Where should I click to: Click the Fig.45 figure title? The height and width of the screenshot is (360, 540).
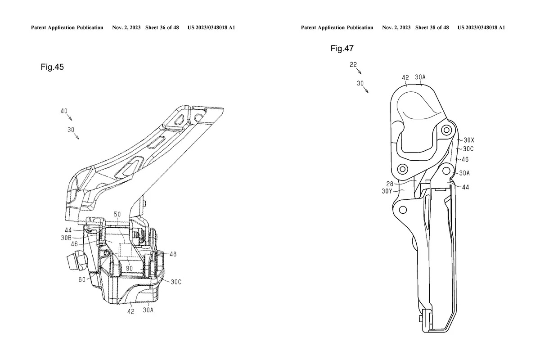click(x=52, y=67)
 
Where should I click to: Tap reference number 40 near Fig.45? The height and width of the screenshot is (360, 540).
click(x=65, y=110)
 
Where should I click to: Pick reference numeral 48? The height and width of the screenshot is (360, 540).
click(x=173, y=254)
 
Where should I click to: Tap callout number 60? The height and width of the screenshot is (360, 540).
click(x=82, y=280)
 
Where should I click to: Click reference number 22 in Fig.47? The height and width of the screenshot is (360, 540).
click(x=353, y=65)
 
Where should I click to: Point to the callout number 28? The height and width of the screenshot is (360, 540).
click(x=389, y=184)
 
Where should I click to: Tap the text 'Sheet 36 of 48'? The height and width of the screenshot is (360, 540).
click(x=162, y=27)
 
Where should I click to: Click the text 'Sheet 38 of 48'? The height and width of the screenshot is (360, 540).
click(x=432, y=27)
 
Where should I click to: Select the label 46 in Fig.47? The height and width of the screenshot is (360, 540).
click(x=465, y=159)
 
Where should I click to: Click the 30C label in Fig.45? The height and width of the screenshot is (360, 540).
click(x=176, y=282)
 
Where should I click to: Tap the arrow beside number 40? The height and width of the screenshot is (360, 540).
click(x=69, y=117)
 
